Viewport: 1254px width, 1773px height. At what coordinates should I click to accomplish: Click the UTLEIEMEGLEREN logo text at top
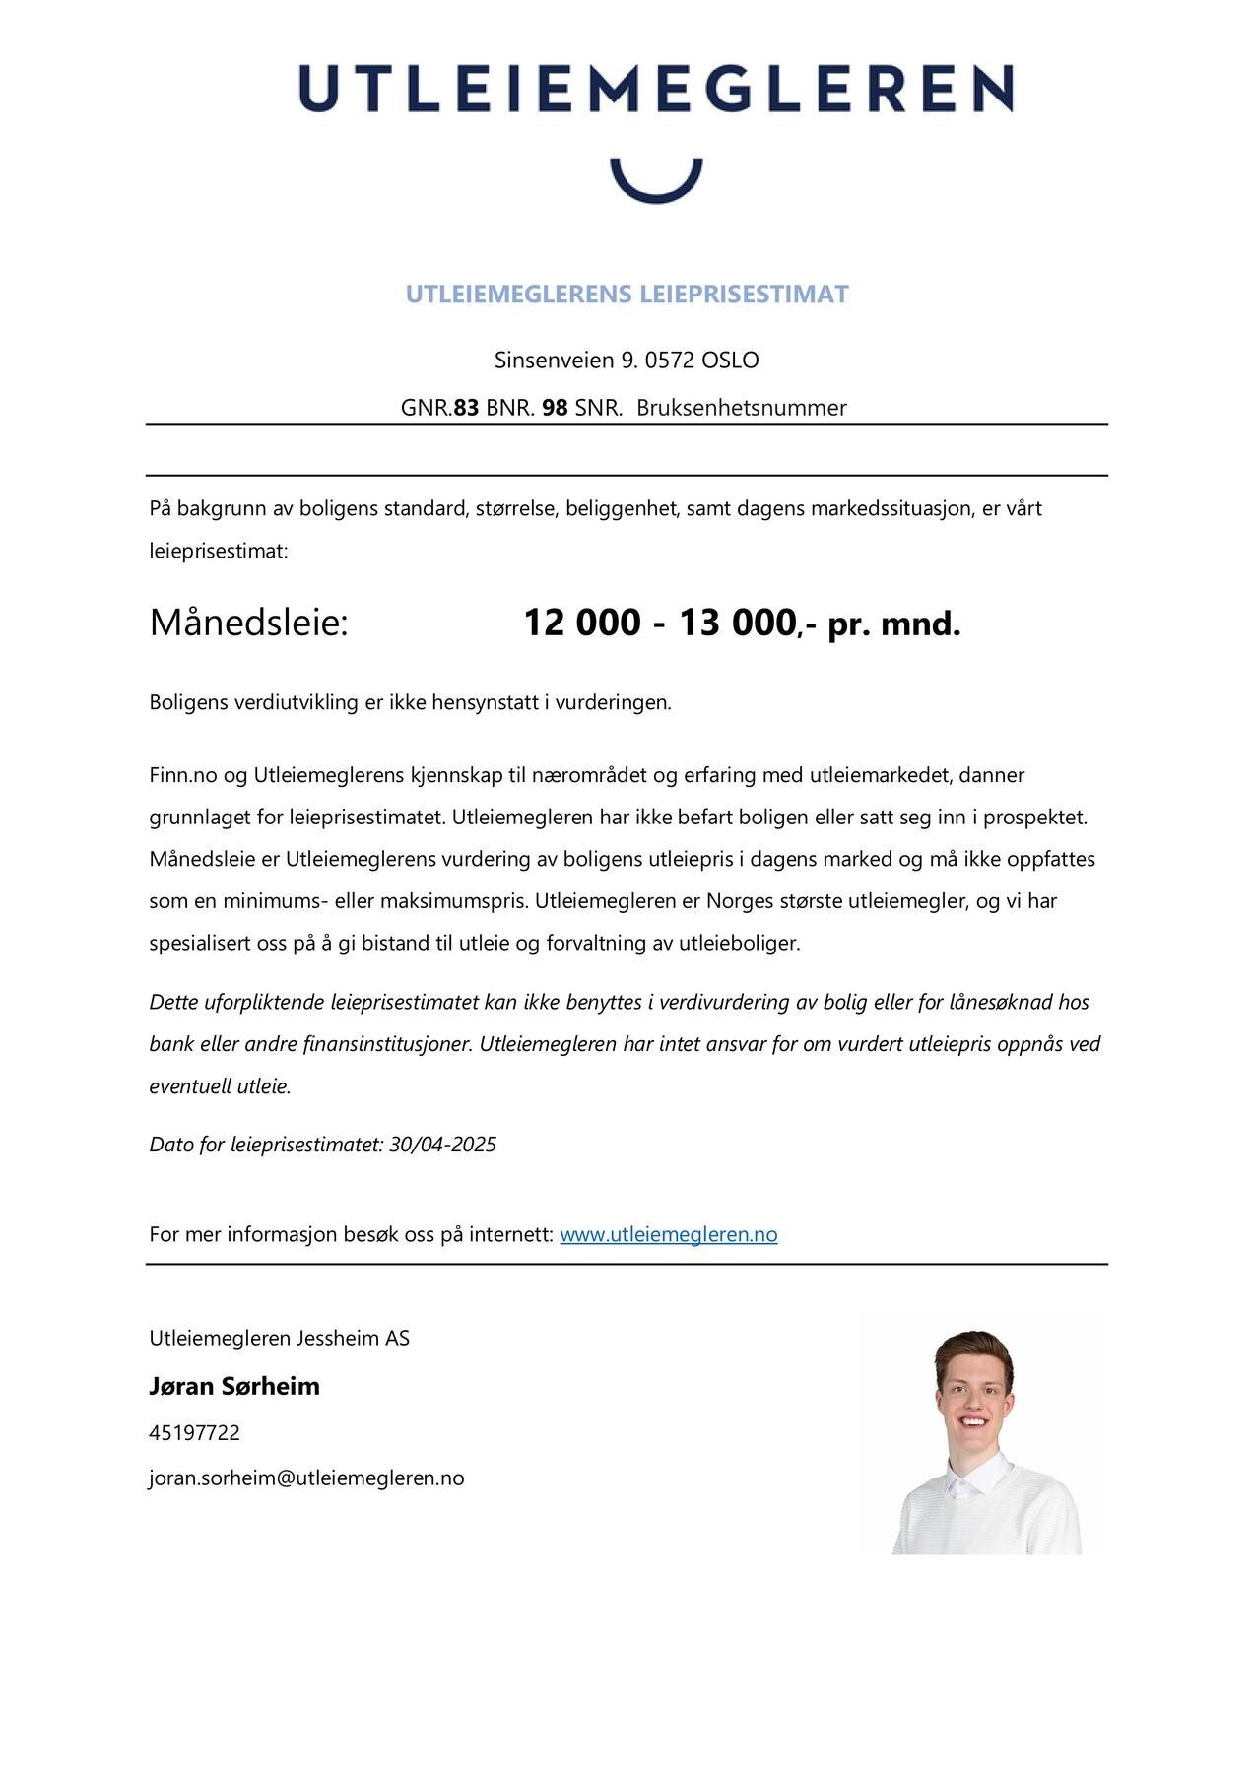coord(655,89)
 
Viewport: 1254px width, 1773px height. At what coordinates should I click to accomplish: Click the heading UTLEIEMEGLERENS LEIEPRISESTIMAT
coord(627,295)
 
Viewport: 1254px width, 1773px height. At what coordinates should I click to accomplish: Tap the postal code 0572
coord(670,361)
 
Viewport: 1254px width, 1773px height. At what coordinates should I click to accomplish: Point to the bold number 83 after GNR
coord(466,408)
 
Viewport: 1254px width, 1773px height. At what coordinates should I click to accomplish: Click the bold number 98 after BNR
coord(555,408)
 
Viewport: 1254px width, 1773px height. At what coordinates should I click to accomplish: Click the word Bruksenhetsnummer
coord(741,408)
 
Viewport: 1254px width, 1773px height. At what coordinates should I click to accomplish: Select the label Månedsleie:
coord(249,624)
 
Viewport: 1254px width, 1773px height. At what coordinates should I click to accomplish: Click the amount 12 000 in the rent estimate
coord(581,624)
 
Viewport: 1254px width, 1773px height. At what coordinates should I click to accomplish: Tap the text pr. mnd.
coord(893,624)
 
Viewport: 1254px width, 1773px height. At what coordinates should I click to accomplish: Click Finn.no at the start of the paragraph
coord(182,775)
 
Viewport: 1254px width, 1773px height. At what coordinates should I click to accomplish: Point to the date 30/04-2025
coord(442,1145)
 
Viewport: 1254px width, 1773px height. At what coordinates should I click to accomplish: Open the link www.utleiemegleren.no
coord(668,1235)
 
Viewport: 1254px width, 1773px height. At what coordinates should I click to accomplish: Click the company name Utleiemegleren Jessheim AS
coord(279,1339)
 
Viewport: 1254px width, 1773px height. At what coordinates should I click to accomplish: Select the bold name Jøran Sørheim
coord(234,1387)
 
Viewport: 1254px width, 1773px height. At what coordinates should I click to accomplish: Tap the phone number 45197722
coord(194,1433)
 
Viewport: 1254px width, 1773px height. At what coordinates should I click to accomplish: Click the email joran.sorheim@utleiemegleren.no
coord(306,1478)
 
